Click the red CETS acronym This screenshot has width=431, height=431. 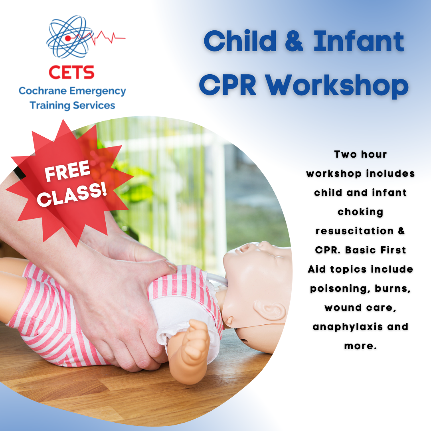[x=71, y=72]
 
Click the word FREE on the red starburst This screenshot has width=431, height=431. [x=67, y=171]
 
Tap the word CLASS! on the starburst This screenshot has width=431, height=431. [x=72, y=194]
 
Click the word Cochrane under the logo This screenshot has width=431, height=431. [x=43, y=91]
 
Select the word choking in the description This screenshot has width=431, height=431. [x=360, y=212]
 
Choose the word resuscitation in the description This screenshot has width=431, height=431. [x=355, y=231]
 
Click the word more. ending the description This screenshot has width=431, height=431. [x=360, y=346]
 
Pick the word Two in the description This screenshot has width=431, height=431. [x=345, y=154]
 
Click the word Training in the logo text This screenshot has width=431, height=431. [x=50, y=105]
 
